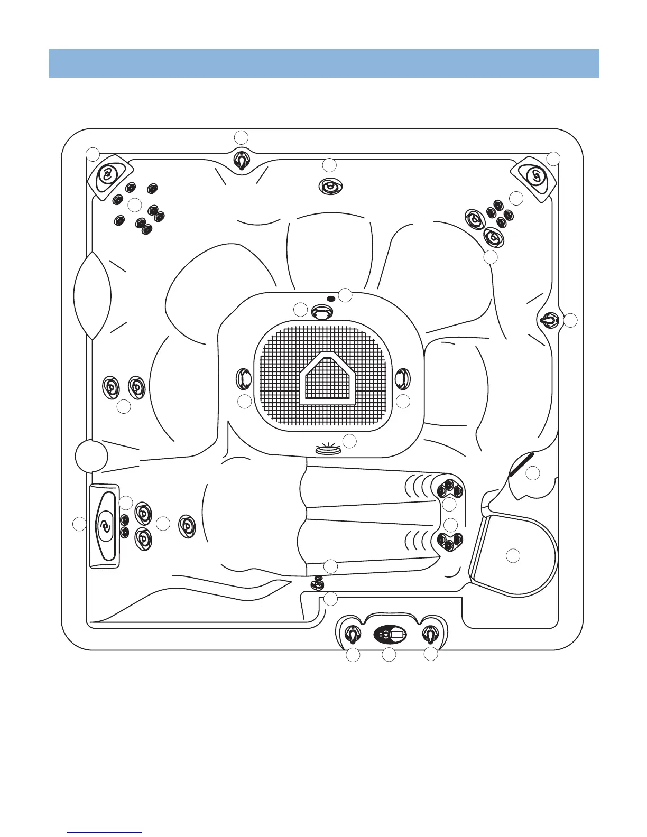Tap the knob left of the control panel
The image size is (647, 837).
[x=352, y=633]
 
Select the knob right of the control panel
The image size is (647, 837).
[x=431, y=633]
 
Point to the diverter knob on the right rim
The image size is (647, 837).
[x=549, y=320]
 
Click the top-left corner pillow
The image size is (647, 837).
[x=109, y=174]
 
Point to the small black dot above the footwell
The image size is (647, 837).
[x=331, y=299]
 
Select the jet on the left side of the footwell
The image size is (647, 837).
[x=244, y=378]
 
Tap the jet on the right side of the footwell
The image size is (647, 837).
[x=402, y=377]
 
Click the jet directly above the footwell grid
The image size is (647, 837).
[x=320, y=312]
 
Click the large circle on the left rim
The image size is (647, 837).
[x=91, y=455]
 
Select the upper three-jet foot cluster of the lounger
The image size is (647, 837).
[x=449, y=488]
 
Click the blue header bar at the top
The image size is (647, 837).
[x=323, y=63]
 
